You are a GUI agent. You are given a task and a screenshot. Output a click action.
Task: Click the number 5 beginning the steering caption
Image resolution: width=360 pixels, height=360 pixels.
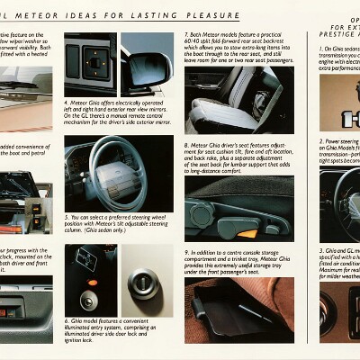(x=67, y=217)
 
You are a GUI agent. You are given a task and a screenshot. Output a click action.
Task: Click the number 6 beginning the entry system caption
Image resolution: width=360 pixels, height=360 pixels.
(x=67, y=320)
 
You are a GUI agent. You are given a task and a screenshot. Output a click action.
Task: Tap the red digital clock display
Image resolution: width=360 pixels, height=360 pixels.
(x=19, y=312)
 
